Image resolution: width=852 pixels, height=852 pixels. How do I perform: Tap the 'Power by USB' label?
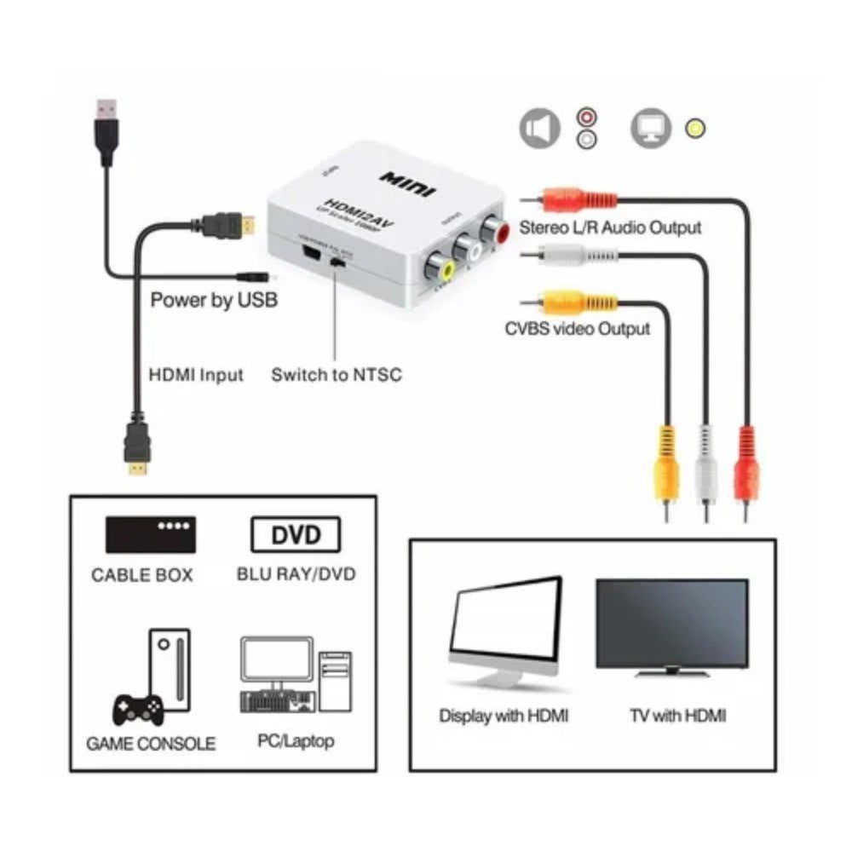tap(213, 300)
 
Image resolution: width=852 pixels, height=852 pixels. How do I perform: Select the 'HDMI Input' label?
tap(196, 375)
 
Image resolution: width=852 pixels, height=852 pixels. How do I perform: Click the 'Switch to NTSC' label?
tap(336, 375)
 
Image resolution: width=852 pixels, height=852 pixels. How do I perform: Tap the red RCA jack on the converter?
tap(494, 228)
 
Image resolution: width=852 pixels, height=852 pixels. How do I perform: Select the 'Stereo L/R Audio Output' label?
tap(610, 227)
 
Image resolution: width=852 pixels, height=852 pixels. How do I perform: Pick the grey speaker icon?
tap(540, 129)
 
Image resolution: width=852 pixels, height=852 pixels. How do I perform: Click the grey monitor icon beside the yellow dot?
tap(650, 129)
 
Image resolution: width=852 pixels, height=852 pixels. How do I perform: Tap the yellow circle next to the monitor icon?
tap(695, 130)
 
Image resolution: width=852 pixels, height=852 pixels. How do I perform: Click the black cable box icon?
tap(150, 535)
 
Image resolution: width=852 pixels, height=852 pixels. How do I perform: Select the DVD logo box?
tap(296, 535)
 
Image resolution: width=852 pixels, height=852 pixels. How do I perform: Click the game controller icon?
tap(139, 706)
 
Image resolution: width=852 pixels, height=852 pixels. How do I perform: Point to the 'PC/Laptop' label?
tap(296, 740)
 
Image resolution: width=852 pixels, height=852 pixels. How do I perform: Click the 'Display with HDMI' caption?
tap(504, 716)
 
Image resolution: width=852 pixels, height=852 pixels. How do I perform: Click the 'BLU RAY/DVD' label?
tap(296, 574)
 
